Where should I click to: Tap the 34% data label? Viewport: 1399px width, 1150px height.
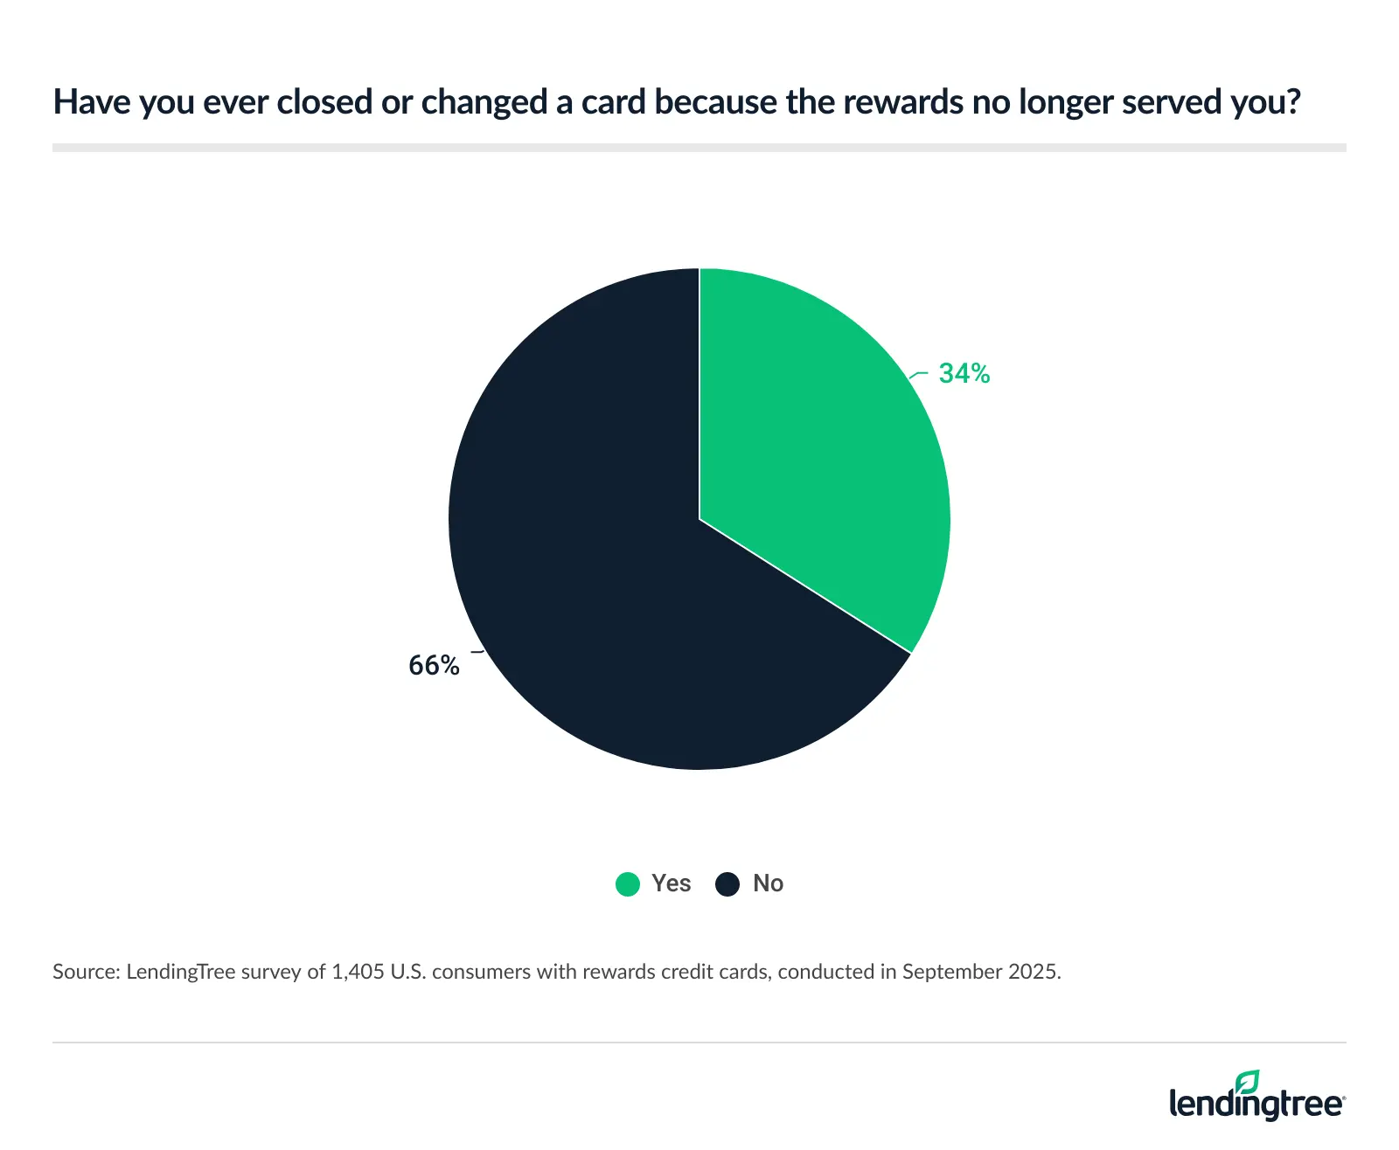click(x=964, y=374)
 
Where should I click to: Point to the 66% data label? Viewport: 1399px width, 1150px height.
click(x=434, y=666)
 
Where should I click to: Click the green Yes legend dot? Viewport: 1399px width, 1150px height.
click(x=628, y=884)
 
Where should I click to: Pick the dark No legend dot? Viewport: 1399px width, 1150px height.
click(x=727, y=884)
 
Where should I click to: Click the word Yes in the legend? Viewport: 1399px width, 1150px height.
click(x=671, y=883)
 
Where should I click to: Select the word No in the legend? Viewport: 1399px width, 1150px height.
click(x=768, y=883)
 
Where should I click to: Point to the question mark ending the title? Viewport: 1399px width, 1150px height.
click(x=1293, y=102)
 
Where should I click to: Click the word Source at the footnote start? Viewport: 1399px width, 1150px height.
click(x=85, y=972)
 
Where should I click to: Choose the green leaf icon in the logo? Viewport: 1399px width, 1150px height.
click(x=1248, y=1082)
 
